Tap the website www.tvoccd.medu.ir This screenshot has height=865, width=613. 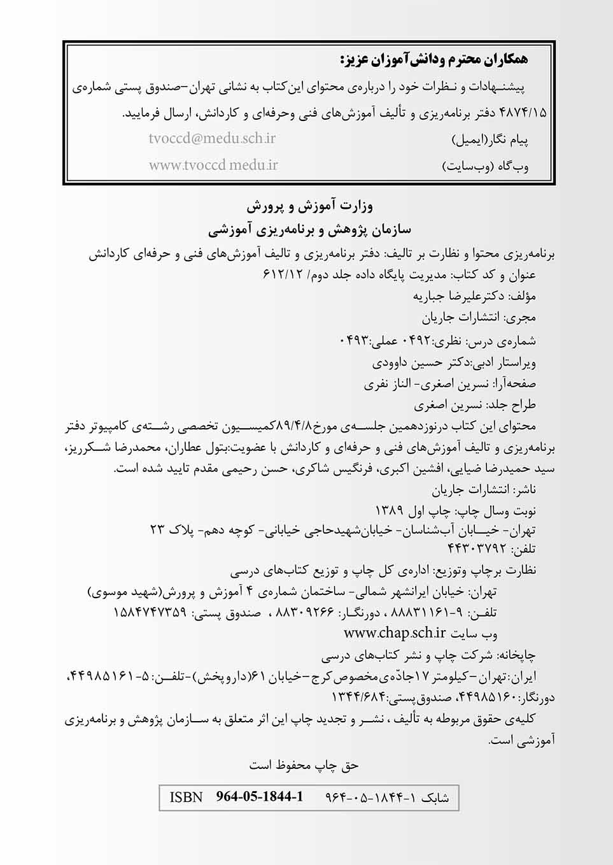click(213, 165)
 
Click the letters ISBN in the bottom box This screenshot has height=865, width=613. click(186, 797)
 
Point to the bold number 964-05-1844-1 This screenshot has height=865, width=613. click(260, 797)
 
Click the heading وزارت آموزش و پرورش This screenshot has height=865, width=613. click(310, 206)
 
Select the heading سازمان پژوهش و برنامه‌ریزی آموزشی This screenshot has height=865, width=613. click(310, 228)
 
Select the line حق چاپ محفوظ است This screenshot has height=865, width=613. click(304, 765)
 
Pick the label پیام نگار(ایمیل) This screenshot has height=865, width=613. click(490, 139)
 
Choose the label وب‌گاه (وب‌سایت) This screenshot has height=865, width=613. click(485, 167)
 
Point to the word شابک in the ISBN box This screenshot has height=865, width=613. click(436, 797)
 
